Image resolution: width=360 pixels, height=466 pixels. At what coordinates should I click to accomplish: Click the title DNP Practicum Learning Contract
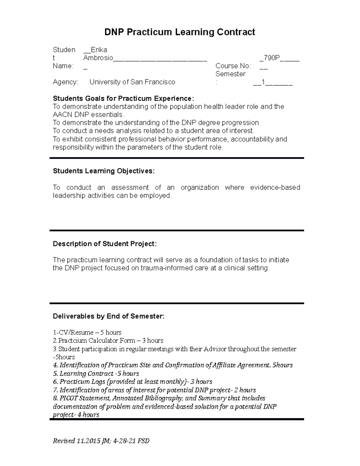pos(179,32)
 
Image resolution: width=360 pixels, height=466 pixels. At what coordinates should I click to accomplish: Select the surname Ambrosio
pos(98,58)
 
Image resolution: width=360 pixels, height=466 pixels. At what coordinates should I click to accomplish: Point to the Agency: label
pos(65,82)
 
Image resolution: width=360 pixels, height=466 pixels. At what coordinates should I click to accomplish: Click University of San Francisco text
pos(132,82)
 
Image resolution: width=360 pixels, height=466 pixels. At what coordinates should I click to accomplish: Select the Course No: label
pos(233,66)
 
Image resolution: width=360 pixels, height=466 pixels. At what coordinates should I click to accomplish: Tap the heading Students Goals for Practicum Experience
pos(123,98)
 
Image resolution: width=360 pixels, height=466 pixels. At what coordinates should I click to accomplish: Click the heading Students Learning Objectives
pos(104,171)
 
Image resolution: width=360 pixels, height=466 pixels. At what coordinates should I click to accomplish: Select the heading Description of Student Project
pos(105,244)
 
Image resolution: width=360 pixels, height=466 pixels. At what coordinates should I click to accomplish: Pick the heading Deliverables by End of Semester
pos(109,316)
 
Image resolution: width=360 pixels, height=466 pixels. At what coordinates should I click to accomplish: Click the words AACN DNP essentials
pos(88,115)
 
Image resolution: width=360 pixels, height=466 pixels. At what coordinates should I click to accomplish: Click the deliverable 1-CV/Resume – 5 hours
pos(87,332)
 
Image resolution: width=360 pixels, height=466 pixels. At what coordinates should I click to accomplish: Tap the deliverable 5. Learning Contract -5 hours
pos(96,374)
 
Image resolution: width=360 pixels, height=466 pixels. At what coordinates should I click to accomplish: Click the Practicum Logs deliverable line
pos(132,382)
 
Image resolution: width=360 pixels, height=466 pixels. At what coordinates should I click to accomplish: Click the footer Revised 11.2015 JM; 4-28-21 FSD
pos(101,441)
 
